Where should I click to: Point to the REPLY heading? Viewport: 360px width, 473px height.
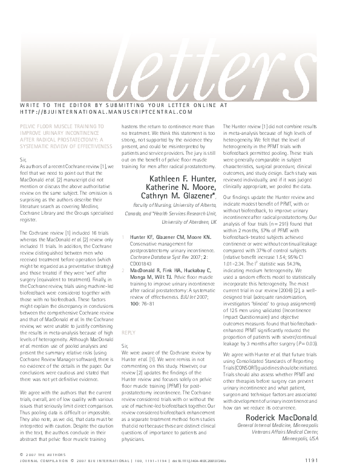[128, 333]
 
